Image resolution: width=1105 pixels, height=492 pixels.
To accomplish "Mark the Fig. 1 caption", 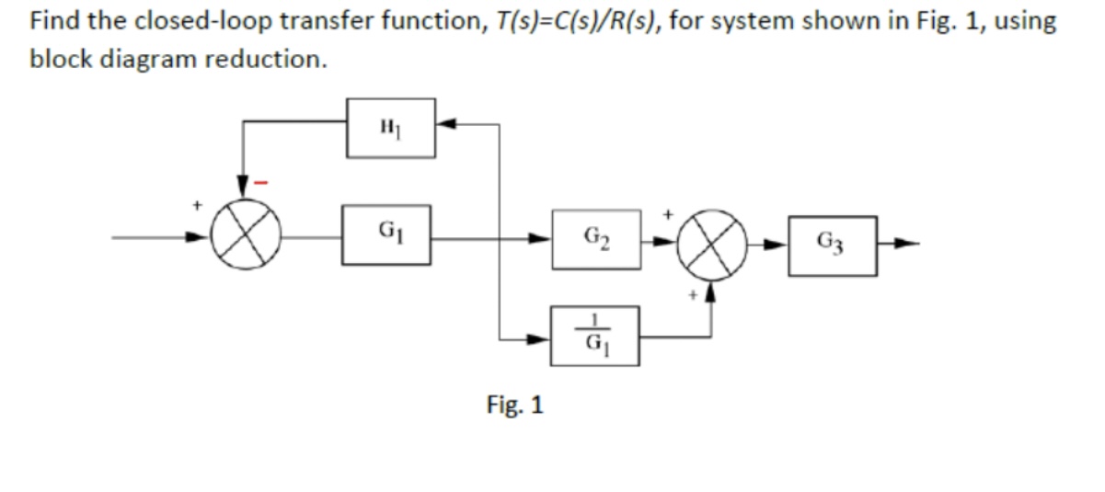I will [514, 404].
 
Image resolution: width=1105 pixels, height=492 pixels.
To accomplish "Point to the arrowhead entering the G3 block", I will [780, 246].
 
